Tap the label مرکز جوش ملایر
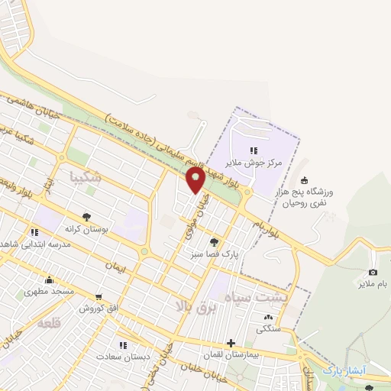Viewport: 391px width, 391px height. (254, 163)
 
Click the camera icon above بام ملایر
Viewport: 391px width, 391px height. (373, 273)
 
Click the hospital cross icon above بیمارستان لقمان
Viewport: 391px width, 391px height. (231, 343)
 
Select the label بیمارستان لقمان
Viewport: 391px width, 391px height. (231, 355)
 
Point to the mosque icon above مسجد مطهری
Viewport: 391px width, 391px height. (50, 280)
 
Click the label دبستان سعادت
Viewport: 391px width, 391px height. (124, 356)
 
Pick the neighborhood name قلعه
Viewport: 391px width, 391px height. (48, 324)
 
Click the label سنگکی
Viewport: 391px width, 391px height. (267, 329)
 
